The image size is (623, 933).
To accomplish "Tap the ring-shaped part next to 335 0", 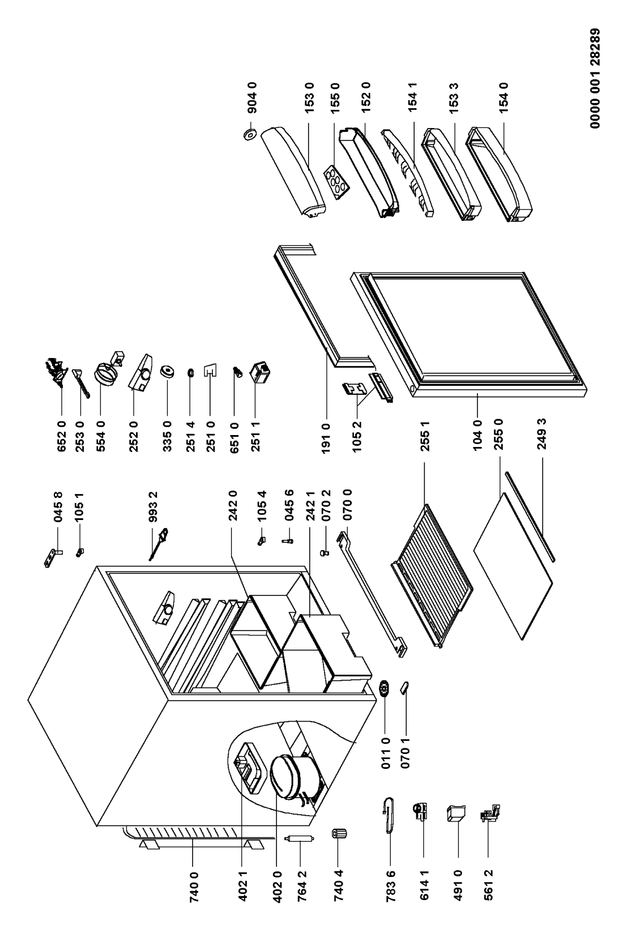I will (167, 372).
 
